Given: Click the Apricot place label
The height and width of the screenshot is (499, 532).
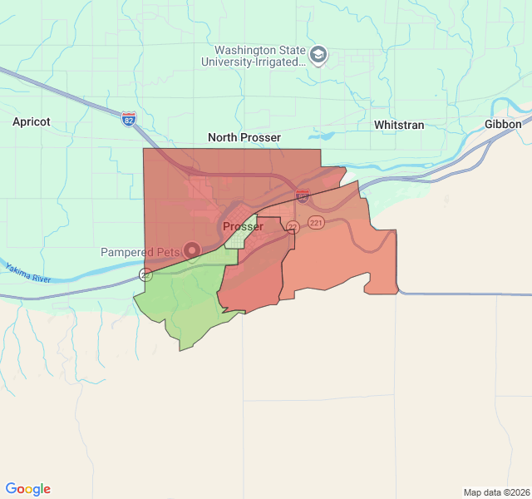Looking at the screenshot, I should click(x=32, y=121).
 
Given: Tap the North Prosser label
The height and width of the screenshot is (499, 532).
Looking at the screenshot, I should click(x=244, y=137).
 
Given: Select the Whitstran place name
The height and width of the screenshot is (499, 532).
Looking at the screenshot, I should click(x=399, y=125).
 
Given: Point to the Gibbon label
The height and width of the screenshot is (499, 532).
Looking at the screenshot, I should click(x=503, y=124).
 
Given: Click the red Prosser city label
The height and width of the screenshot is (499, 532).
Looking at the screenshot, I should click(x=243, y=226).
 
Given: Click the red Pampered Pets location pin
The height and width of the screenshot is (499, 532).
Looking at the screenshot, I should click(x=193, y=249).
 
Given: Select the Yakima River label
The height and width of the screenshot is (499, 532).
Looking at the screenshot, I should click(x=28, y=272).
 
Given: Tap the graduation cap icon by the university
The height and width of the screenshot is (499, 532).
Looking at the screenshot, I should click(x=318, y=56).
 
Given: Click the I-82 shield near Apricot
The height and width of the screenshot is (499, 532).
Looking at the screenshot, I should click(x=128, y=119).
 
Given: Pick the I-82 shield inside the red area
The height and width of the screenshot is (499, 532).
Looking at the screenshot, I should click(x=303, y=196).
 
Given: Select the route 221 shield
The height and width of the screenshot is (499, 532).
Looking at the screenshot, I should click(x=316, y=222).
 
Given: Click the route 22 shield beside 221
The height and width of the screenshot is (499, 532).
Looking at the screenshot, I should click(x=293, y=227).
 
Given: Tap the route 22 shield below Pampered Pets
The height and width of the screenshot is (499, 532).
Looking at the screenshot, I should click(x=145, y=274).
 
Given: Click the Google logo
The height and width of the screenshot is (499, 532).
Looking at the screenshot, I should click(x=27, y=489).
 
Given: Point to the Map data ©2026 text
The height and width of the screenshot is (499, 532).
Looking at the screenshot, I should click(x=495, y=492).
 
